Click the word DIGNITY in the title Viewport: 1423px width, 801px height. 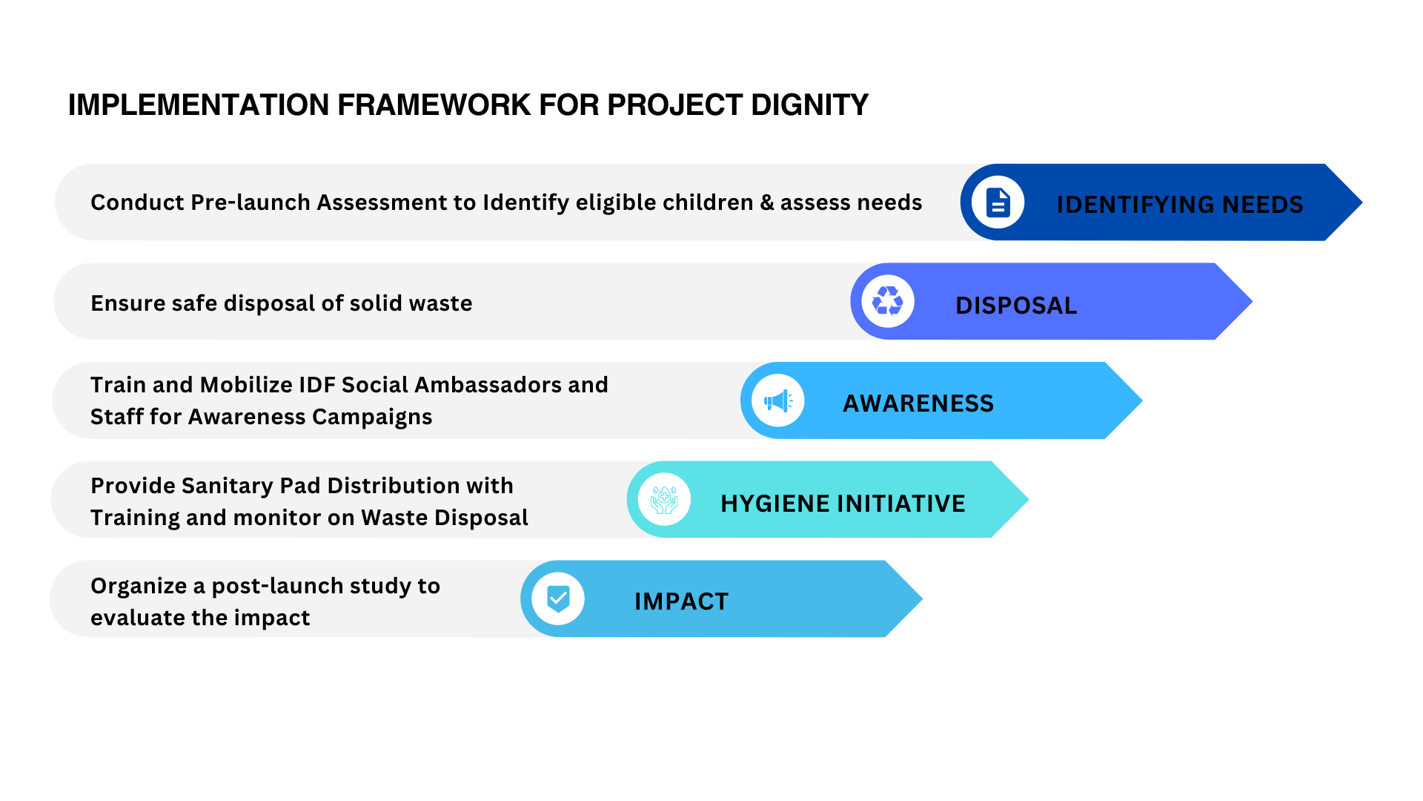click(809, 105)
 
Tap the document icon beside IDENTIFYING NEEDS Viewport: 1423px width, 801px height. click(998, 202)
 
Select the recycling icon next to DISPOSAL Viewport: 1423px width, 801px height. click(887, 301)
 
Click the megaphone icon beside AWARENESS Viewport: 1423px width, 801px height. click(777, 401)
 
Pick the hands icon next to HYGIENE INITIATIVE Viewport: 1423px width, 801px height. click(664, 500)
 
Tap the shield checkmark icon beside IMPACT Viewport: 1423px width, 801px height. click(558, 599)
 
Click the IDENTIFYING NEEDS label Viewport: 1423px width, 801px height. click(1179, 205)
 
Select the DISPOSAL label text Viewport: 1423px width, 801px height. click(1016, 306)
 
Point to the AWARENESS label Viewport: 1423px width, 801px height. click(918, 403)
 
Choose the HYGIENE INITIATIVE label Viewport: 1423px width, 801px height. click(843, 504)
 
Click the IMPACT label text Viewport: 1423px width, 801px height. click(681, 601)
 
